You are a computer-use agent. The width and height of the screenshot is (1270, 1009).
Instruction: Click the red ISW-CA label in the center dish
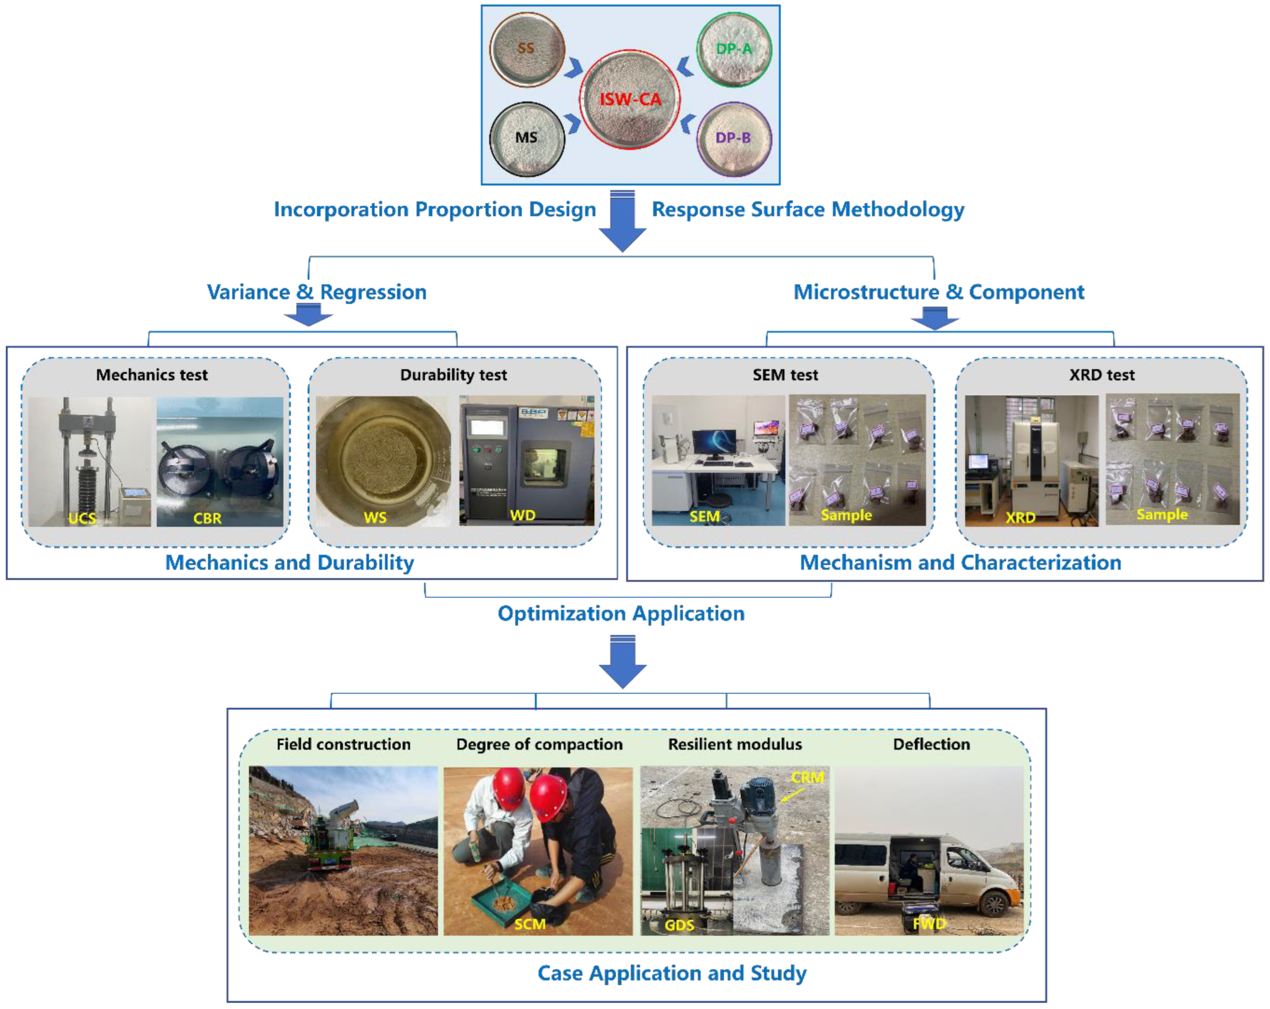630,99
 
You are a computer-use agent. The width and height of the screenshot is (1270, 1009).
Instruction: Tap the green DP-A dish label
734,49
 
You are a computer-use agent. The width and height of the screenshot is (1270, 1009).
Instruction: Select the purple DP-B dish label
733,138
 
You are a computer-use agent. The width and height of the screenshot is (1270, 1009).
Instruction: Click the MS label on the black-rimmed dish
526,137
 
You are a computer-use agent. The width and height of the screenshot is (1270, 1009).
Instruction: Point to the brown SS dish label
526,48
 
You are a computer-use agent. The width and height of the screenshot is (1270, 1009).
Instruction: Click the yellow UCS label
82,518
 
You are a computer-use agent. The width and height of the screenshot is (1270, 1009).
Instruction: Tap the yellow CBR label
207,518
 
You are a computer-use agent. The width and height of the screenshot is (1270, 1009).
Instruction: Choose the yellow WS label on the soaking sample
375,517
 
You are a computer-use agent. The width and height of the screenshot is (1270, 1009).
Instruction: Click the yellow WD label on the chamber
523,515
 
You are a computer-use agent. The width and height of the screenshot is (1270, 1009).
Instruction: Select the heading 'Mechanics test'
152,375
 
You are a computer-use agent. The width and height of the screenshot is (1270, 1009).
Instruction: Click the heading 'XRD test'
1101,375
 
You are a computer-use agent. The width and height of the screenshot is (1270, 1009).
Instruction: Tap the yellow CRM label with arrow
807,777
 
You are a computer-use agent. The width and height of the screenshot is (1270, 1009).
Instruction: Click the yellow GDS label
679,925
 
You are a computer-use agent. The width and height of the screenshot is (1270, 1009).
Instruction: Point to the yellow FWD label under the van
929,923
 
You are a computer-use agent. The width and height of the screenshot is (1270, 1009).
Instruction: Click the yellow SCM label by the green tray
530,924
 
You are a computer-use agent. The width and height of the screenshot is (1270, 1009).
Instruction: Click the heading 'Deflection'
931,745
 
